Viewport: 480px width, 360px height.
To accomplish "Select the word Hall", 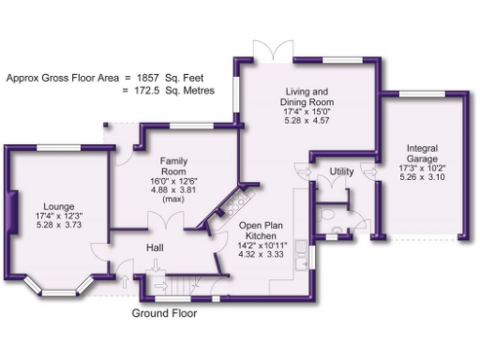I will pos(157,247).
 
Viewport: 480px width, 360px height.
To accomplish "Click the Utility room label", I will pos(341,171).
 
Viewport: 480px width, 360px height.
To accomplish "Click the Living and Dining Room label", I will pos(309,97).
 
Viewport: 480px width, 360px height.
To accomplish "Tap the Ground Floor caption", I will pos(164,313).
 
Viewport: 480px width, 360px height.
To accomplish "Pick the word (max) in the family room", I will pos(175,199).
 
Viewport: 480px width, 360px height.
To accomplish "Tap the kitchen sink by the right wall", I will pos(299,249).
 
